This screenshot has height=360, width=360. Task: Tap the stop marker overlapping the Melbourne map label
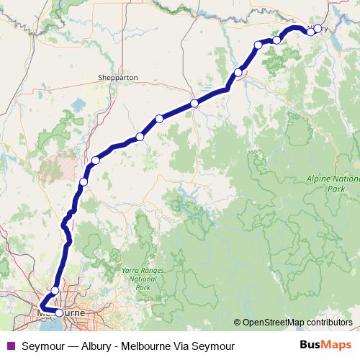(59, 313)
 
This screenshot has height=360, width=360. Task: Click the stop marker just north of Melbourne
(55, 290)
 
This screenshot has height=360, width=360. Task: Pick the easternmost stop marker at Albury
(318, 29)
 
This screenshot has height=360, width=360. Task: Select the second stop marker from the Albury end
(310, 32)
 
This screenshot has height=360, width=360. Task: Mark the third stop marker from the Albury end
(276, 40)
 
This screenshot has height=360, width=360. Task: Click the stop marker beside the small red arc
(238, 72)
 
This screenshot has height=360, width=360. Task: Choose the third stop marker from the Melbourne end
(84, 182)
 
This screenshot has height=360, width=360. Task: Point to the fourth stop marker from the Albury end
(258, 45)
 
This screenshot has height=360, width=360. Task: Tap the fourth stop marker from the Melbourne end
(95, 160)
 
